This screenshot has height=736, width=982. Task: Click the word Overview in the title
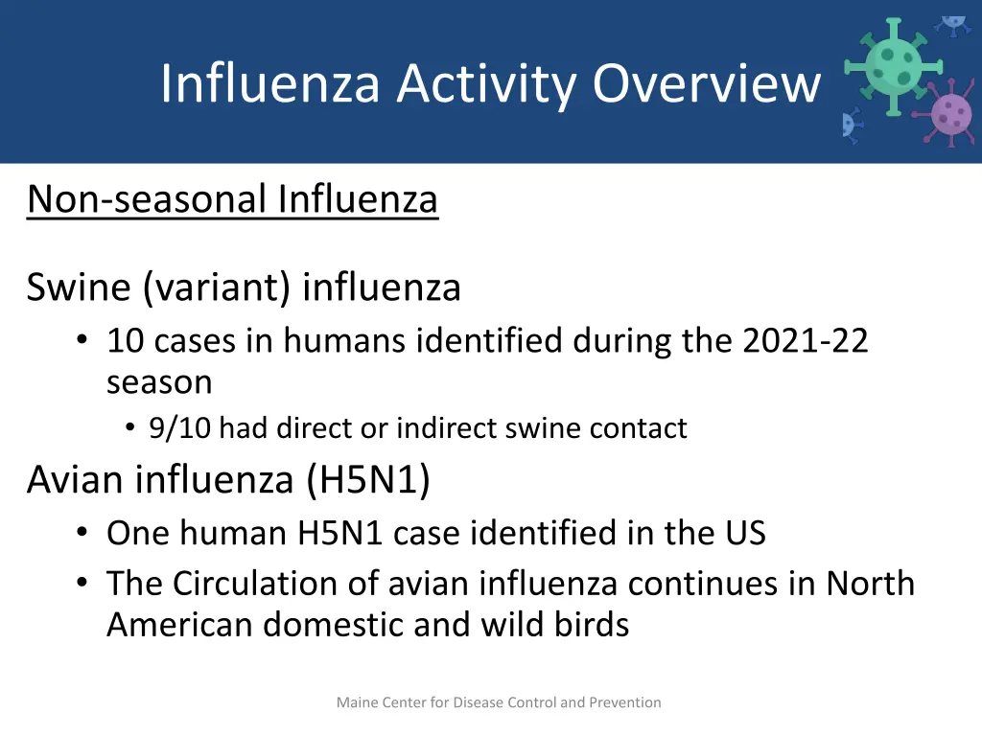707,83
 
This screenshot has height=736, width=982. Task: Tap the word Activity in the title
487,83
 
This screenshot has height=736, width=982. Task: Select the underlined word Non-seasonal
147,199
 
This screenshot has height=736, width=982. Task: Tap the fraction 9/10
181,428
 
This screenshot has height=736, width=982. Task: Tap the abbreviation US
744,533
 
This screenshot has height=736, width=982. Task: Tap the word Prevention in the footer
624,702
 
